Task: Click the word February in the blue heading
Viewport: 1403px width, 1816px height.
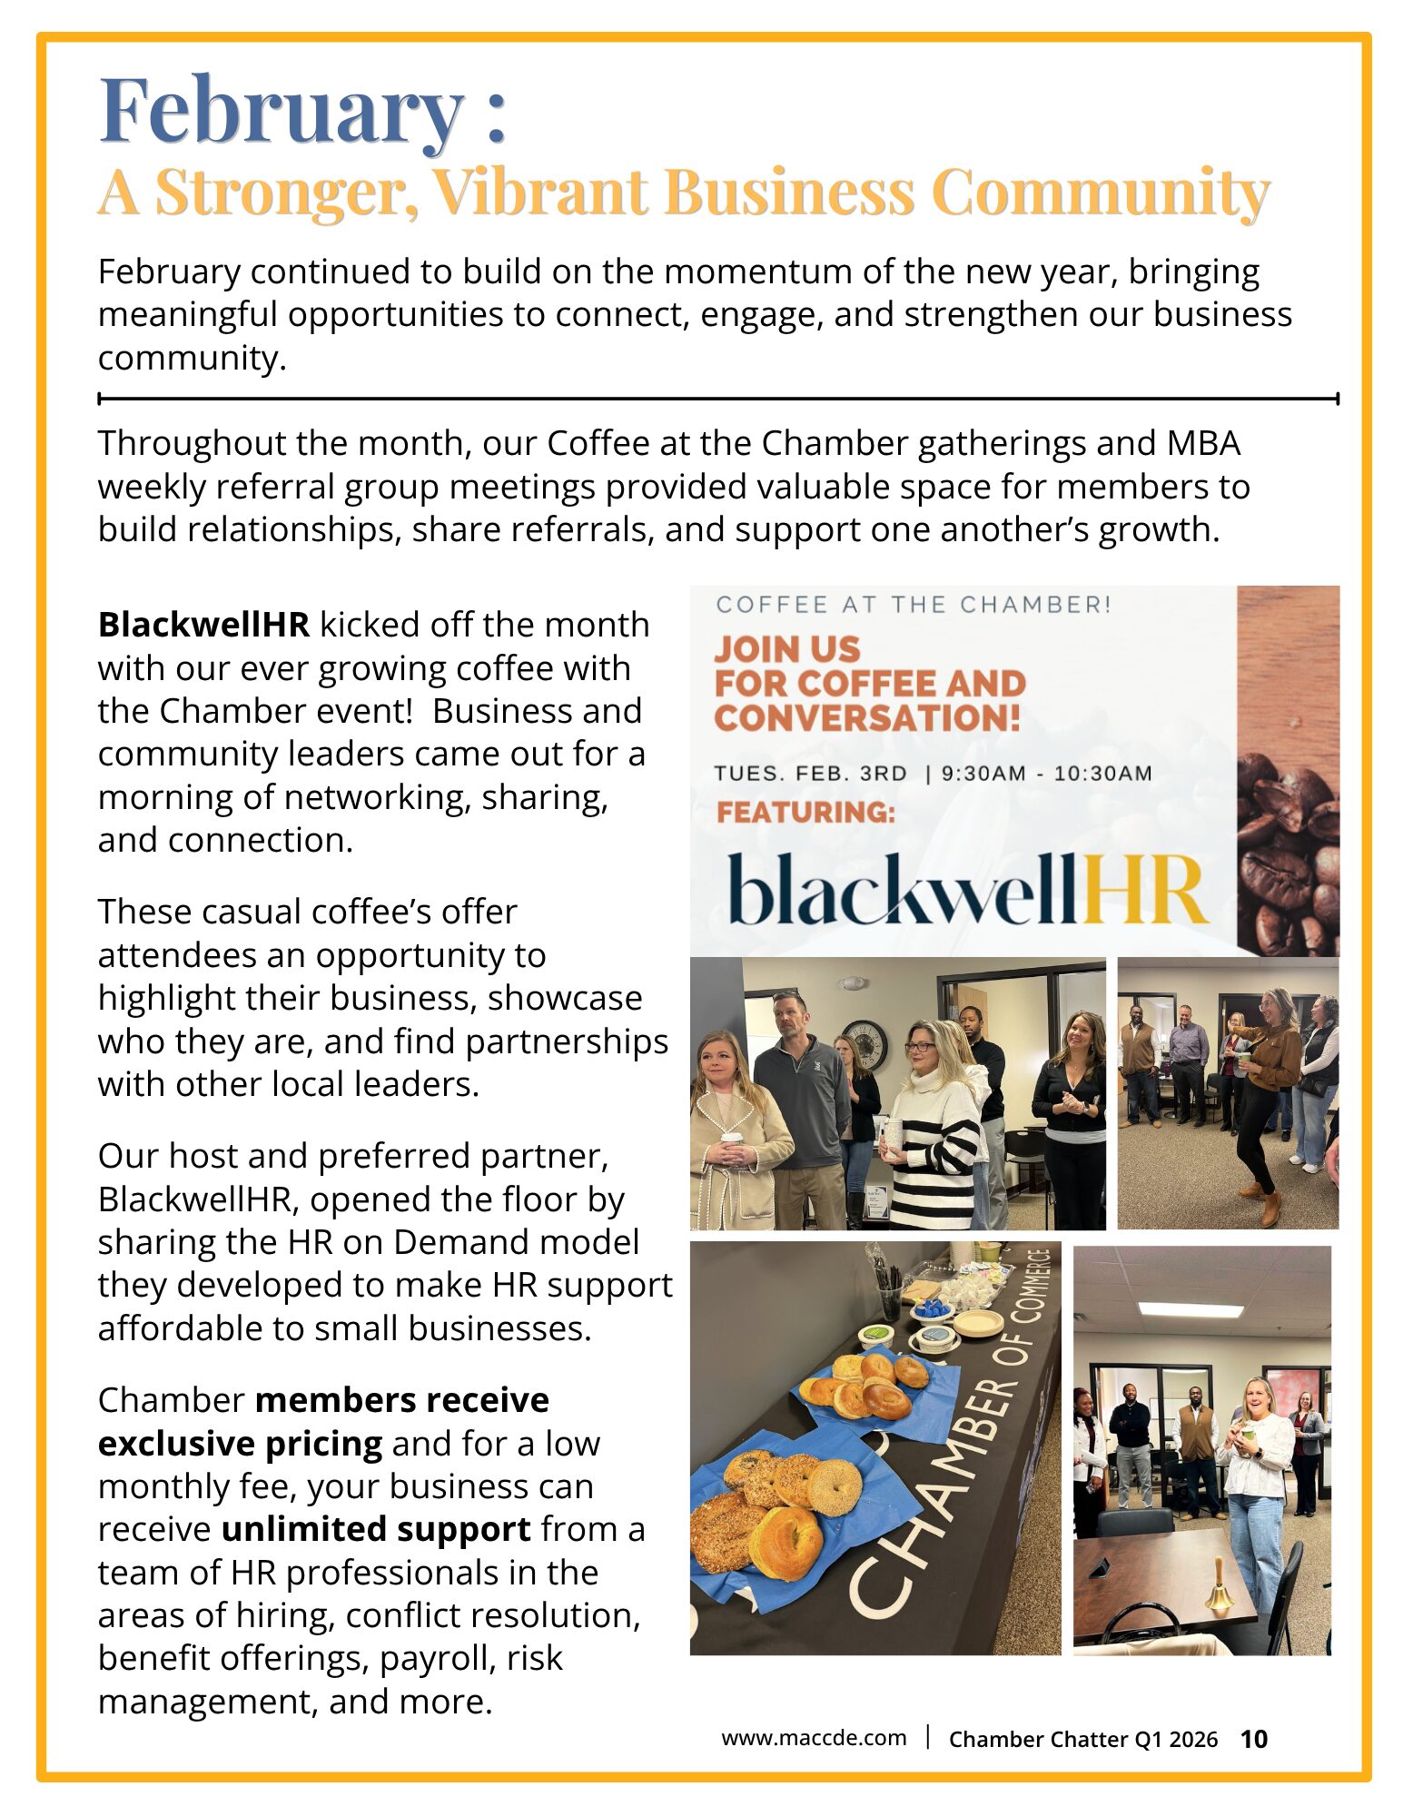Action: pyautogui.click(x=282, y=111)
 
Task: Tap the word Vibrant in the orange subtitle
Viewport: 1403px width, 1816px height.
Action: pyautogui.click(x=539, y=192)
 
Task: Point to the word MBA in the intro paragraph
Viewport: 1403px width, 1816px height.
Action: pyautogui.click(x=1203, y=444)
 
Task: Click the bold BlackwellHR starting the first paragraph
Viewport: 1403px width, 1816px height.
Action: pyautogui.click(x=203, y=626)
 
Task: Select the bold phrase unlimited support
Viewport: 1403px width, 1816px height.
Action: pyautogui.click(x=375, y=1530)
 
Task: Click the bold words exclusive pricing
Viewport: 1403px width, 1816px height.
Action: pyautogui.click(x=240, y=1444)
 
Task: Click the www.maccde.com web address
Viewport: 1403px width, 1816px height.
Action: pyautogui.click(x=813, y=1738)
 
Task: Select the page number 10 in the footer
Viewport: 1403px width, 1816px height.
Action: pyautogui.click(x=1253, y=1739)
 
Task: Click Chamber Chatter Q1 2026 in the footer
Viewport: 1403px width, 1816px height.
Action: pyautogui.click(x=1082, y=1739)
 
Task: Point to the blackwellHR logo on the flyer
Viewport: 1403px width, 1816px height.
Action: pyautogui.click(x=967, y=890)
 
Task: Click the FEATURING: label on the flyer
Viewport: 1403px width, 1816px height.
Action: pyautogui.click(x=805, y=812)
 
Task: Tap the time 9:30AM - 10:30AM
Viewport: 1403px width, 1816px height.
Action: pyautogui.click(x=1046, y=774)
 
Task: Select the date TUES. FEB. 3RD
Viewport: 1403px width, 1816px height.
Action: pyautogui.click(x=810, y=774)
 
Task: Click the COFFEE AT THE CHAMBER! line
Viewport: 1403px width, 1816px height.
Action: pyautogui.click(x=913, y=605)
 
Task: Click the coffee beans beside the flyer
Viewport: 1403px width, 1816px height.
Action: pyautogui.click(x=1289, y=854)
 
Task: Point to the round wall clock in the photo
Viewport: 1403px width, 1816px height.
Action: pyautogui.click(x=869, y=1044)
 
